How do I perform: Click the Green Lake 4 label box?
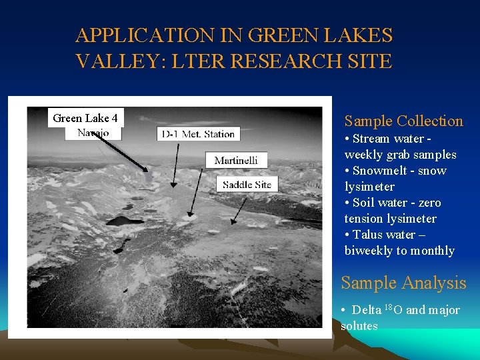point(85,118)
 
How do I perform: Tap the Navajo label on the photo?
point(93,133)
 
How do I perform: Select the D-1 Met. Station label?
point(198,134)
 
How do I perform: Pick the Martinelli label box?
point(236,160)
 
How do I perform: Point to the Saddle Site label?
point(247,184)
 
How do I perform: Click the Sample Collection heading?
point(403,121)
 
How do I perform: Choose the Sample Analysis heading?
point(403,283)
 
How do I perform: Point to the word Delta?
point(367,310)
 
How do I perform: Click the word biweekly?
point(368,251)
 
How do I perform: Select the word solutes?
point(359,326)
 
